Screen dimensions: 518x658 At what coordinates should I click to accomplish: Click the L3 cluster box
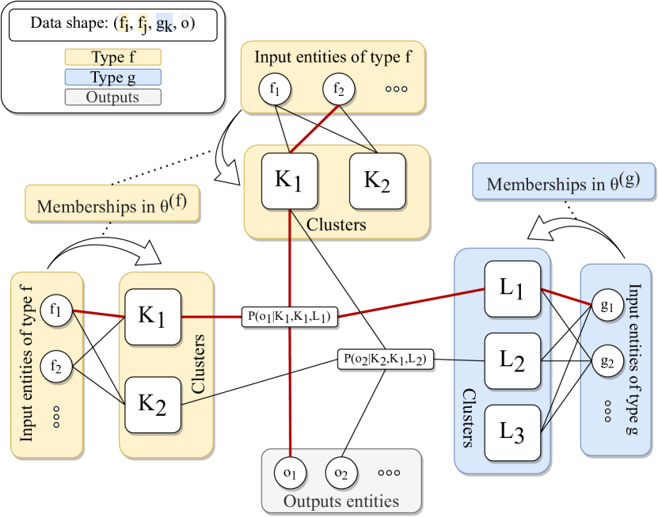point(512,432)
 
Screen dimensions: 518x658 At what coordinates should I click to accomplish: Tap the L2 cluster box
point(512,361)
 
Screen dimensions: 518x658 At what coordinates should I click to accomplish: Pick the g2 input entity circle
point(608,362)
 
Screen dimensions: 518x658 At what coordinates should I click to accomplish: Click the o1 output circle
point(289,473)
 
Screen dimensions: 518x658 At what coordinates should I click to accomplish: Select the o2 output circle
point(340,473)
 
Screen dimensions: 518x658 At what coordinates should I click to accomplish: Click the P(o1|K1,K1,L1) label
point(289,317)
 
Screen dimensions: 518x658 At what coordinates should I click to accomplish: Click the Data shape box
point(112,24)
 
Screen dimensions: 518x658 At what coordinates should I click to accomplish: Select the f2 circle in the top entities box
point(338,89)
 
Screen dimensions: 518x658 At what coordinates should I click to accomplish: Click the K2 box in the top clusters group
point(378,181)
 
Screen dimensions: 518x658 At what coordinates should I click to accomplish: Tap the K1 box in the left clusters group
point(154,317)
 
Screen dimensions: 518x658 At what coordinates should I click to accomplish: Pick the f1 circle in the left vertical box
point(55,309)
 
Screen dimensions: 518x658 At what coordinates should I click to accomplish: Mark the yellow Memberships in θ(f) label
point(112,204)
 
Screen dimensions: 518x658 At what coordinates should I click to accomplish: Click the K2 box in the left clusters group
point(154,404)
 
